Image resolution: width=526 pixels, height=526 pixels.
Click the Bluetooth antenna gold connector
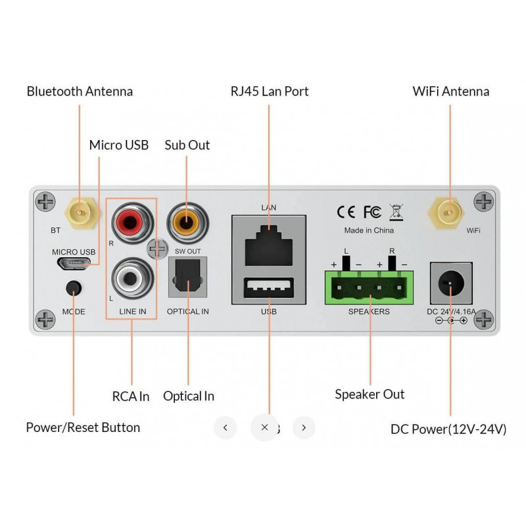(x=78, y=212)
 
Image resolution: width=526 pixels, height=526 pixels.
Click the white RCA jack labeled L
(x=130, y=277)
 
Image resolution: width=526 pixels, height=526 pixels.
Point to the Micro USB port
(x=72, y=264)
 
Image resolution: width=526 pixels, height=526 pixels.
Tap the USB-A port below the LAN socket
(x=269, y=289)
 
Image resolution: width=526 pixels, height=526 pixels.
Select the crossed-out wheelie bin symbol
(x=396, y=211)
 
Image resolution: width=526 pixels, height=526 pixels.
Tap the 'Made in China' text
(x=369, y=231)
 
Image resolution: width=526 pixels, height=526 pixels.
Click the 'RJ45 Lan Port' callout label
(x=269, y=91)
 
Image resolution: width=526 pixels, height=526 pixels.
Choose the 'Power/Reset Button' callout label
(x=83, y=427)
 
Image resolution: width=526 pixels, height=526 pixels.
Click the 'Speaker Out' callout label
(x=370, y=394)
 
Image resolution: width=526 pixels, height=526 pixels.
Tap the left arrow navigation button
(x=226, y=427)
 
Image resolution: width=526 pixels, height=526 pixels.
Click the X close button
(x=264, y=427)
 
